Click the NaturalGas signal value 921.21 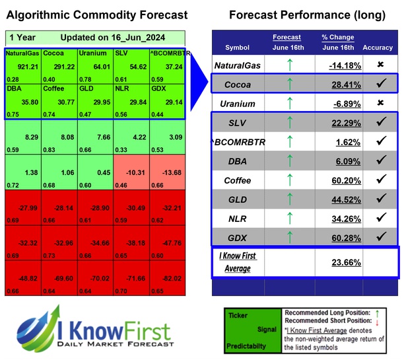pos(24,66)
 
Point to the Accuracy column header pos(377,48)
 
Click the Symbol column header pos(238,48)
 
